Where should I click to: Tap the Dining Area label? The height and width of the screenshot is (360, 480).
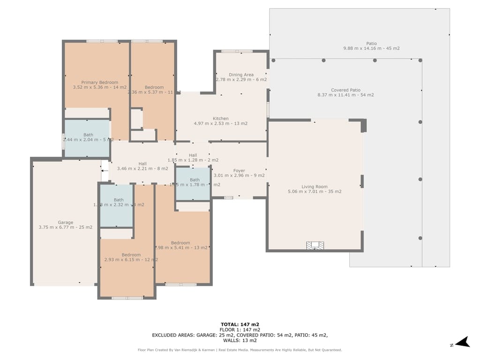pos(241,75)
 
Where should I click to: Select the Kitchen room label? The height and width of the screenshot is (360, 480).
pos(221,119)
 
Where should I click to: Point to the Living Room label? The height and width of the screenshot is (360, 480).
pos(315,187)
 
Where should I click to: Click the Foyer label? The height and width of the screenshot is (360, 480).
pos(239,171)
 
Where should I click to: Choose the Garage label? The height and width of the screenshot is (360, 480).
pos(66,222)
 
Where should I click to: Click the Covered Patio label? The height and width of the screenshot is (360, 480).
pos(345,90)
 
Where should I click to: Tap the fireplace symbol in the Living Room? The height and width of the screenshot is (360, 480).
pos(315,245)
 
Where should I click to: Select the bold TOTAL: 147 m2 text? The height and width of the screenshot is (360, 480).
pos(240,324)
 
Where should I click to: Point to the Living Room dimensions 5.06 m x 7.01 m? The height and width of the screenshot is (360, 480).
pos(315,191)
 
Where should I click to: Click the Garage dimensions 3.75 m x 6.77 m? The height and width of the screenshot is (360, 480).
pos(66,227)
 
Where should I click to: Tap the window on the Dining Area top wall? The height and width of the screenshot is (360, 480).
pos(237,51)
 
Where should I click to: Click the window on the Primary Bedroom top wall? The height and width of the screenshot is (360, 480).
pos(102,41)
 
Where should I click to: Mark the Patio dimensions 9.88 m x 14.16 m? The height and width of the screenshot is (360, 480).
pos(371,48)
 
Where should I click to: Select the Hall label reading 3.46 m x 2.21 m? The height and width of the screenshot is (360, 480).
pos(142,166)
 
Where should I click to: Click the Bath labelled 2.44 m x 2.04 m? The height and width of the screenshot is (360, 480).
pos(88,137)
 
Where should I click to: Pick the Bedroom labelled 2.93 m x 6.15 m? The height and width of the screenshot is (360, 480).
pos(131,257)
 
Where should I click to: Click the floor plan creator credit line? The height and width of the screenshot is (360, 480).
pos(240,350)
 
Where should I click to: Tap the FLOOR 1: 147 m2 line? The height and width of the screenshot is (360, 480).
pos(240,330)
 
